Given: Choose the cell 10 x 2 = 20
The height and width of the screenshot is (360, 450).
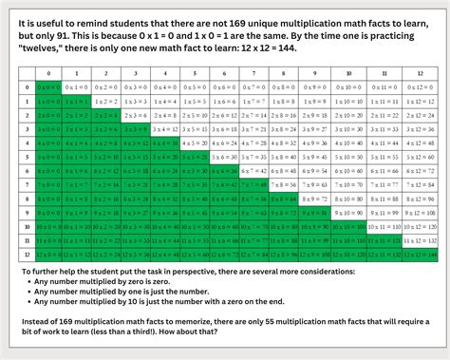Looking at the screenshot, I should tap(113, 228).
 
